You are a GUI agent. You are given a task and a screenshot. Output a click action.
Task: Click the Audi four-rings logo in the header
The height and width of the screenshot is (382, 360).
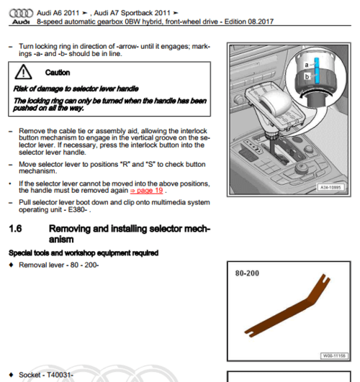21,13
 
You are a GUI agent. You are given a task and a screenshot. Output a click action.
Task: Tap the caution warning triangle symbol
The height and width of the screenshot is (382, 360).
23,72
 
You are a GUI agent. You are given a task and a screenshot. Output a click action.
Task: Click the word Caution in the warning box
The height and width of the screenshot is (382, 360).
58,73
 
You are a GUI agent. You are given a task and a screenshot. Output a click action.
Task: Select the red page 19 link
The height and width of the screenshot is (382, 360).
147,190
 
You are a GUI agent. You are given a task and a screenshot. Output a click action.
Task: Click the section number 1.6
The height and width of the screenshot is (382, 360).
15,229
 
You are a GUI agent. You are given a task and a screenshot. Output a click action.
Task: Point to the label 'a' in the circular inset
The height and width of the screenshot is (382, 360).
307,65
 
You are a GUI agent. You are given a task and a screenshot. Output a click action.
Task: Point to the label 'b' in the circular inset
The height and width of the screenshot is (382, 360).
307,76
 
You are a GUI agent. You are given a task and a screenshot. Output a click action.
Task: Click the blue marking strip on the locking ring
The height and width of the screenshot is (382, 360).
316,71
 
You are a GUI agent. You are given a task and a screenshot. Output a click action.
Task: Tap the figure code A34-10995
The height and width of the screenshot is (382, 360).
330,187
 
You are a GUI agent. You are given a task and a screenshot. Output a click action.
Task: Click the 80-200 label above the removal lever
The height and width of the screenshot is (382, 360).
247,273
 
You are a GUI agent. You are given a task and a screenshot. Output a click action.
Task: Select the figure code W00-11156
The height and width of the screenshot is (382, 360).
334,356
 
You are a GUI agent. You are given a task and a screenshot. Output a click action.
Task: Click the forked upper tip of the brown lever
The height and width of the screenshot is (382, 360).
325,278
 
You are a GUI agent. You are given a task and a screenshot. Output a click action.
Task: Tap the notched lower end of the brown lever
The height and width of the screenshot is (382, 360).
249,333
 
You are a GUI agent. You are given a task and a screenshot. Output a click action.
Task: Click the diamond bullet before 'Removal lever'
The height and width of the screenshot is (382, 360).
12,265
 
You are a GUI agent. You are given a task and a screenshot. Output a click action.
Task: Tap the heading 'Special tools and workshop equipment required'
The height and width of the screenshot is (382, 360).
84,253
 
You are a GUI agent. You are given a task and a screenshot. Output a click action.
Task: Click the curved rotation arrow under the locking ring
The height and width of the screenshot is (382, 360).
317,92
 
